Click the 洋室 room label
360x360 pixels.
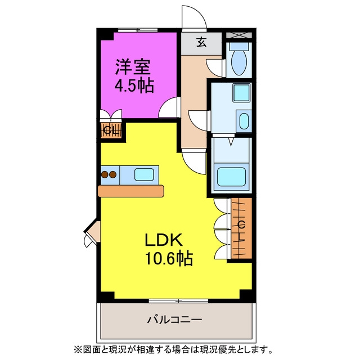(133, 67)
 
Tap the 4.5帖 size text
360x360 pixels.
(134, 85)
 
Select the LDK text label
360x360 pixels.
(164, 240)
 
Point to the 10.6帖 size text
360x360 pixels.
(169, 258)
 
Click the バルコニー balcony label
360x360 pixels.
(175, 319)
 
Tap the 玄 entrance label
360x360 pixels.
(201, 42)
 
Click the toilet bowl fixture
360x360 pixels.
(239, 62)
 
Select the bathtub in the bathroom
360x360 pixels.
(231, 177)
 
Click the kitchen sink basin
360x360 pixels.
(144, 175)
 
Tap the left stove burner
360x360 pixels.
(105, 175)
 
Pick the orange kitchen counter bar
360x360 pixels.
(131, 191)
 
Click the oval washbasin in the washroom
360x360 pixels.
(244, 121)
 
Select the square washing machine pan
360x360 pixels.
(241, 93)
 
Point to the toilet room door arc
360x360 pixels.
(214, 67)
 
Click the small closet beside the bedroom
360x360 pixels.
(111, 131)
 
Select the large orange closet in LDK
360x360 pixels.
(241, 228)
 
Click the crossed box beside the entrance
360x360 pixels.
(239, 35)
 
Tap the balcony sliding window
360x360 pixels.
(178, 300)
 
